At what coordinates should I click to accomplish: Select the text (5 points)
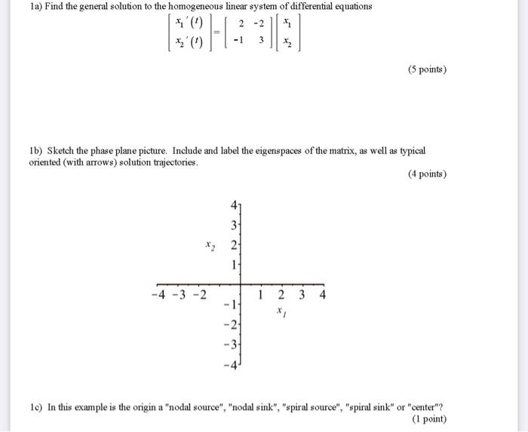[x=427, y=70]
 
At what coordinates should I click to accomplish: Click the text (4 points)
[x=427, y=174]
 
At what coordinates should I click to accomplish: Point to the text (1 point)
[x=429, y=418]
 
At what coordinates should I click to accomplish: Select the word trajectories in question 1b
[x=175, y=162]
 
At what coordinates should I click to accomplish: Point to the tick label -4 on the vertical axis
[x=232, y=366]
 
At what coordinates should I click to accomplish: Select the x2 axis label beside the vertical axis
[x=210, y=245]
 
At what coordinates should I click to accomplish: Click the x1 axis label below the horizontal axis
[x=280, y=310]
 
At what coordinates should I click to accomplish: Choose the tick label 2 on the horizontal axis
[x=280, y=294]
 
